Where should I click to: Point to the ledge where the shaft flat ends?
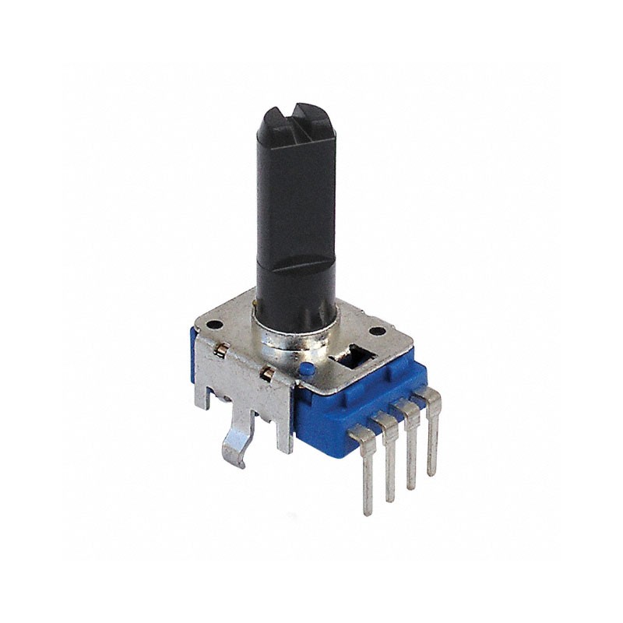point(294,265)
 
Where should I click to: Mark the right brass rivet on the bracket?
point(268,375)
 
